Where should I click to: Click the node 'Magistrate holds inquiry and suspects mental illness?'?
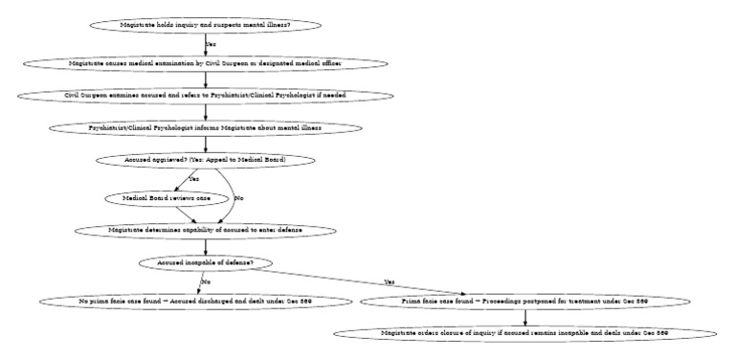[205, 24]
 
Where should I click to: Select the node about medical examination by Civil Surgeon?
[205, 63]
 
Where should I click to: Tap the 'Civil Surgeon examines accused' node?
[205, 96]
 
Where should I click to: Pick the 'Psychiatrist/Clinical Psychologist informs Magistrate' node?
[205, 127]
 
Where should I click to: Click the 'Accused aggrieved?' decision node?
[205, 159]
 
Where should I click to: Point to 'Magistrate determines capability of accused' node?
[205, 230]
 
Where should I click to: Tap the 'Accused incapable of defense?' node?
[205, 262]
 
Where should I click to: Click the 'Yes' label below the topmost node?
[211, 44]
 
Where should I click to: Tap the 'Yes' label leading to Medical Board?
[193, 179]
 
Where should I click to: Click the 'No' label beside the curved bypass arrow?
[238, 197]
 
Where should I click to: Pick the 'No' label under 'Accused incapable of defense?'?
[205, 281]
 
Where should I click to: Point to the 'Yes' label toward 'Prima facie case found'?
[389, 282]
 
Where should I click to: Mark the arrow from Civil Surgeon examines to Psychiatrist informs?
[205, 111]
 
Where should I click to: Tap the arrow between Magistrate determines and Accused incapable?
[205, 246]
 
